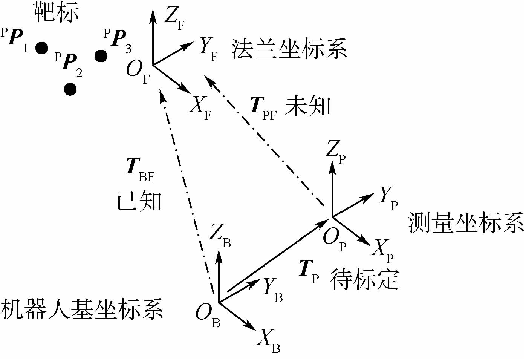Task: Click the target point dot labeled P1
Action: (x=42, y=48)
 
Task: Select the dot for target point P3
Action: (x=101, y=56)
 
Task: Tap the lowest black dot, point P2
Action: (x=70, y=89)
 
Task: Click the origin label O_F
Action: (x=138, y=72)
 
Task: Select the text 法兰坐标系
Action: (x=289, y=49)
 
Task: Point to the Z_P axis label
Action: (x=335, y=151)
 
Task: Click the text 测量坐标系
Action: (x=466, y=222)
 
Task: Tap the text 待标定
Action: (x=364, y=279)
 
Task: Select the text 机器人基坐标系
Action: (x=82, y=309)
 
